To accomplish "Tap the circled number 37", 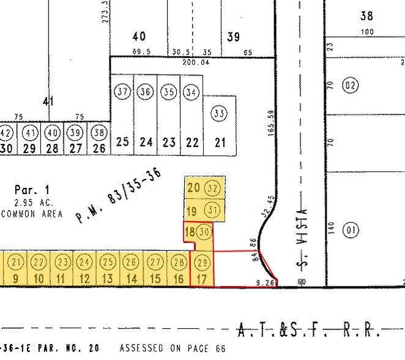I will [122, 92].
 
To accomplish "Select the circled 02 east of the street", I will [350, 85].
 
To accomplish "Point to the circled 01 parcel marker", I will [351, 231].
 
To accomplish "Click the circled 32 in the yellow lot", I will [213, 187].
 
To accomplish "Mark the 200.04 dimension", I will [196, 62].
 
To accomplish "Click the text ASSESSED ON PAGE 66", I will [172, 348].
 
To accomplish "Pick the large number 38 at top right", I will [367, 17].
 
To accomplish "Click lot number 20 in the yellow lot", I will [193, 188].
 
